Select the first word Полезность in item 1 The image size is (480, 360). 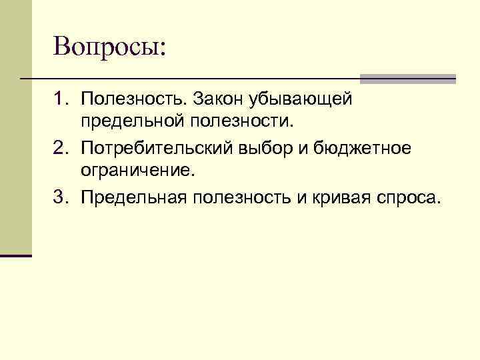click(133, 99)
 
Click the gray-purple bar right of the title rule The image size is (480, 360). click(408, 79)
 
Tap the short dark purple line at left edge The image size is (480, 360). click(16, 255)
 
